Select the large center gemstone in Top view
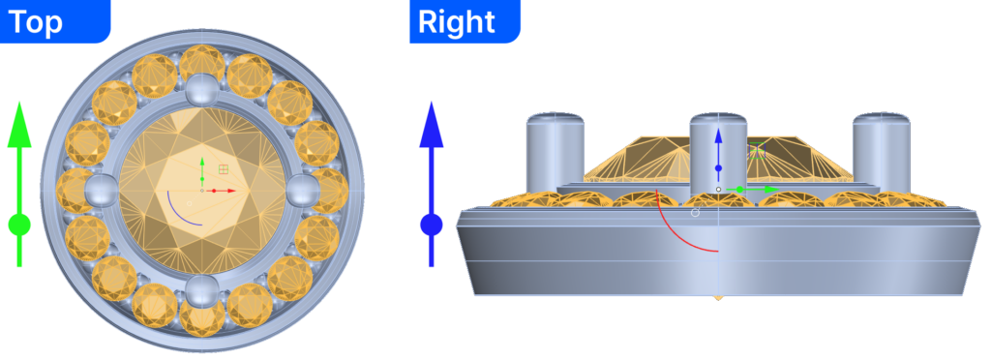(x=201, y=190)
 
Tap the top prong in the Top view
(x=201, y=90)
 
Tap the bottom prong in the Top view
(x=201, y=291)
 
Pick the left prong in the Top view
(x=101, y=190)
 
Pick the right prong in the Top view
(x=303, y=190)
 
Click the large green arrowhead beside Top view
(x=19, y=124)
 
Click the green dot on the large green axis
(x=19, y=225)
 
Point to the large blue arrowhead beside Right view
(x=432, y=124)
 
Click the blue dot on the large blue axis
(x=432, y=225)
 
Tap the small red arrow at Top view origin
(x=221, y=190)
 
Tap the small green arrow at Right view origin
(x=753, y=189)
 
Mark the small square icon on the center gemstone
(x=224, y=168)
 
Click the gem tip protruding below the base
(x=719, y=297)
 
